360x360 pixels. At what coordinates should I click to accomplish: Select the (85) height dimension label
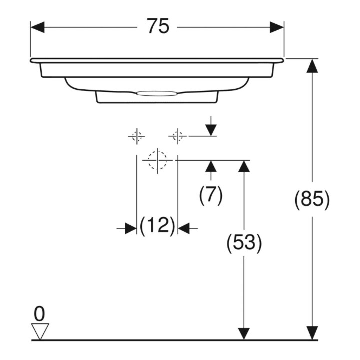312,199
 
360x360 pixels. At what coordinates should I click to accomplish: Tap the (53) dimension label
244,242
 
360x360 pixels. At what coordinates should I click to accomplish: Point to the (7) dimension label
211,195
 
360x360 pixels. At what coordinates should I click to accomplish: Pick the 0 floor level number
39,314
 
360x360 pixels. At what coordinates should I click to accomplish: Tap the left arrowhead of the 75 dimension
37,27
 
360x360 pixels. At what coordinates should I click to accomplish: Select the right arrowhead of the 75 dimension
277,27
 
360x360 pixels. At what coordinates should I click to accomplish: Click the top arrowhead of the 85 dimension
312,66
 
